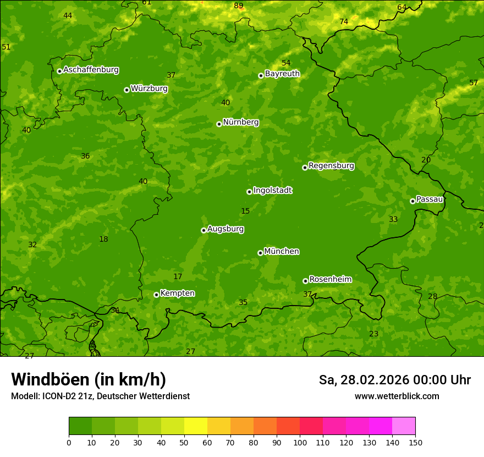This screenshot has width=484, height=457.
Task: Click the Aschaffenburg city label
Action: click(x=91, y=70)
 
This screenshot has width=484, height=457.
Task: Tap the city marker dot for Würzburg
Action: click(x=127, y=90)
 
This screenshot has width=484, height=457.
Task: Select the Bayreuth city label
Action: click(x=282, y=74)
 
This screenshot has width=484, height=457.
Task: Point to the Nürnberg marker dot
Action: click(x=219, y=124)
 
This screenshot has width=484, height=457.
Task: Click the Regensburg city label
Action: click(x=331, y=166)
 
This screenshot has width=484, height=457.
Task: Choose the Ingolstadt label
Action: click(x=272, y=191)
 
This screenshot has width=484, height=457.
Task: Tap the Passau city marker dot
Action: click(x=413, y=201)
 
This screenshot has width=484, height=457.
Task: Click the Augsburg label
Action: click(x=226, y=229)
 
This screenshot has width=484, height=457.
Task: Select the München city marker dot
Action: click(x=260, y=253)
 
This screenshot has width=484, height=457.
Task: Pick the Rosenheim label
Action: click(x=330, y=280)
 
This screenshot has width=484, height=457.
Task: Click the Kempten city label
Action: click(x=177, y=293)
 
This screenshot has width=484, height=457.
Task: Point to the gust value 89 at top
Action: click(x=238, y=6)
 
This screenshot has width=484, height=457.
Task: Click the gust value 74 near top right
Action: click(x=344, y=22)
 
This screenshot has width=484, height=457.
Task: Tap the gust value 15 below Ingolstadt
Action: click(x=245, y=211)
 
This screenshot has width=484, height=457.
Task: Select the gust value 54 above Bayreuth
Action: click(x=286, y=63)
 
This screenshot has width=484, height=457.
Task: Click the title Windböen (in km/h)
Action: click(x=89, y=379)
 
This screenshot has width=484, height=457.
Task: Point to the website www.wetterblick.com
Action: click(x=397, y=396)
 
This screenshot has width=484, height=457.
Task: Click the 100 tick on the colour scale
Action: click(x=300, y=442)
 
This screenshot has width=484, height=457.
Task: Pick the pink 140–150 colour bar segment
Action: click(x=404, y=426)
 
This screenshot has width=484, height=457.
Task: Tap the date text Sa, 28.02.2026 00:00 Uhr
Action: click(x=394, y=380)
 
